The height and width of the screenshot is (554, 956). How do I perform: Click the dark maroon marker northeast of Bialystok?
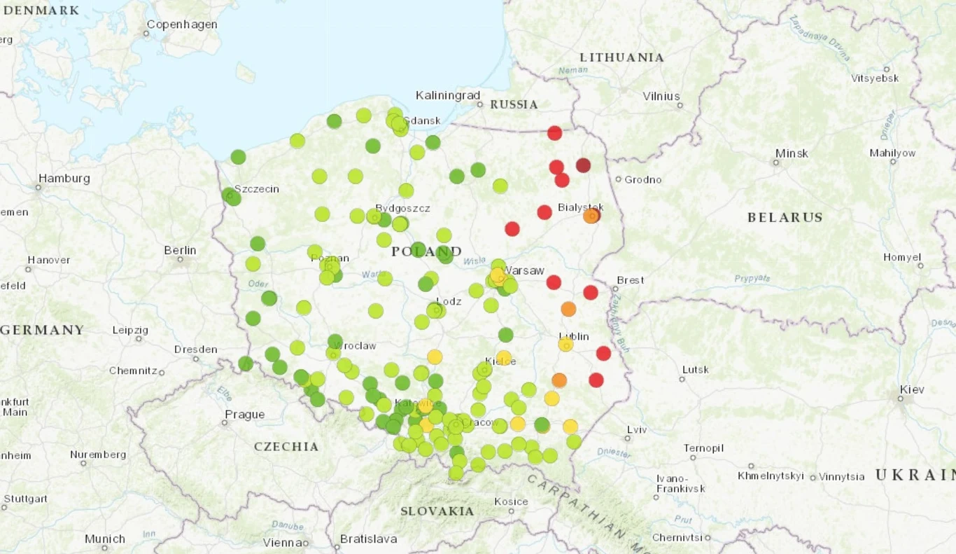coord(583,165)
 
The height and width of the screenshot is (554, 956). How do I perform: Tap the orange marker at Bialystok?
coord(591,216)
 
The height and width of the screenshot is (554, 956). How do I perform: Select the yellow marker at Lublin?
coord(565,344)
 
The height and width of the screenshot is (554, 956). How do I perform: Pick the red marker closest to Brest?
coord(591,292)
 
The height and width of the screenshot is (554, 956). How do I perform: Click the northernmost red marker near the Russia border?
coord(554,133)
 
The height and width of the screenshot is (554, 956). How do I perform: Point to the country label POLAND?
coord(426,251)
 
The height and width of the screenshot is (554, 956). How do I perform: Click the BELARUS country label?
coord(785,217)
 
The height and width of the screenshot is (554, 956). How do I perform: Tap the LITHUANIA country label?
coord(621,57)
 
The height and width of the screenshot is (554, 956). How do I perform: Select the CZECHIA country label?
coord(286,446)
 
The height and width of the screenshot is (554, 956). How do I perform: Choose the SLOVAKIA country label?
coord(437,511)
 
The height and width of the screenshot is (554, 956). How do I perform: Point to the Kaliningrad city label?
coord(448,95)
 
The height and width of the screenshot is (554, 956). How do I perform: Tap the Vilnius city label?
coord(661,96)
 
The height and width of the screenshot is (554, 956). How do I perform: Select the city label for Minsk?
coord(792,153)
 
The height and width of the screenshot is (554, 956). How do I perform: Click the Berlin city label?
coord(180,250)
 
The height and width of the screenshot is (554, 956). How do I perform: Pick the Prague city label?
coord(244,415)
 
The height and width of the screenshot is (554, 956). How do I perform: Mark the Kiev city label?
coord(912,389)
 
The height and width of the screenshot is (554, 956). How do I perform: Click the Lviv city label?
coord(637,429)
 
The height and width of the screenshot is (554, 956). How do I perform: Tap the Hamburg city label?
coord(64,179)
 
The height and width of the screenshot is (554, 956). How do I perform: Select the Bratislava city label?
coord(368,539)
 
